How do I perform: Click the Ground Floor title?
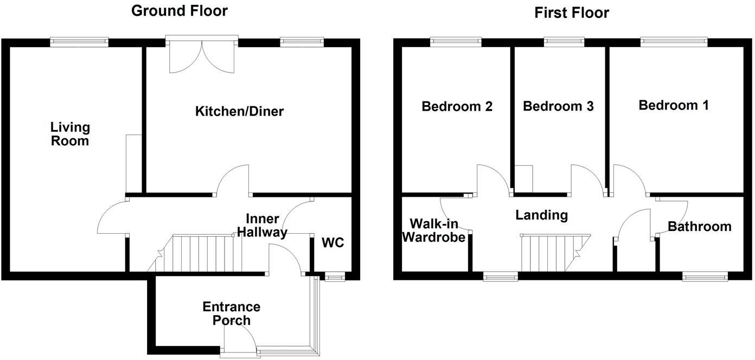180,11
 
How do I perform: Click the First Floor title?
572,12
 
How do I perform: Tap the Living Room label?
70,134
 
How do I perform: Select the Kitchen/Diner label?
239,112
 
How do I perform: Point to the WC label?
332,242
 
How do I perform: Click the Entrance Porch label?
232,313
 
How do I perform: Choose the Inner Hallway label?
266,226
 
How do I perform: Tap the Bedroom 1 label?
673,105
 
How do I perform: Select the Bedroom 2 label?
457,106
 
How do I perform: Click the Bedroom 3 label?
558,106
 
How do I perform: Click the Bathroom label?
699,226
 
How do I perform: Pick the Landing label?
541,215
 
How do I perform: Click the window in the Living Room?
79,42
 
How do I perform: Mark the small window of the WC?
335,277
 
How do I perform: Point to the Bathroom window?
704,277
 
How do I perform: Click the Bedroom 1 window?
674,42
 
